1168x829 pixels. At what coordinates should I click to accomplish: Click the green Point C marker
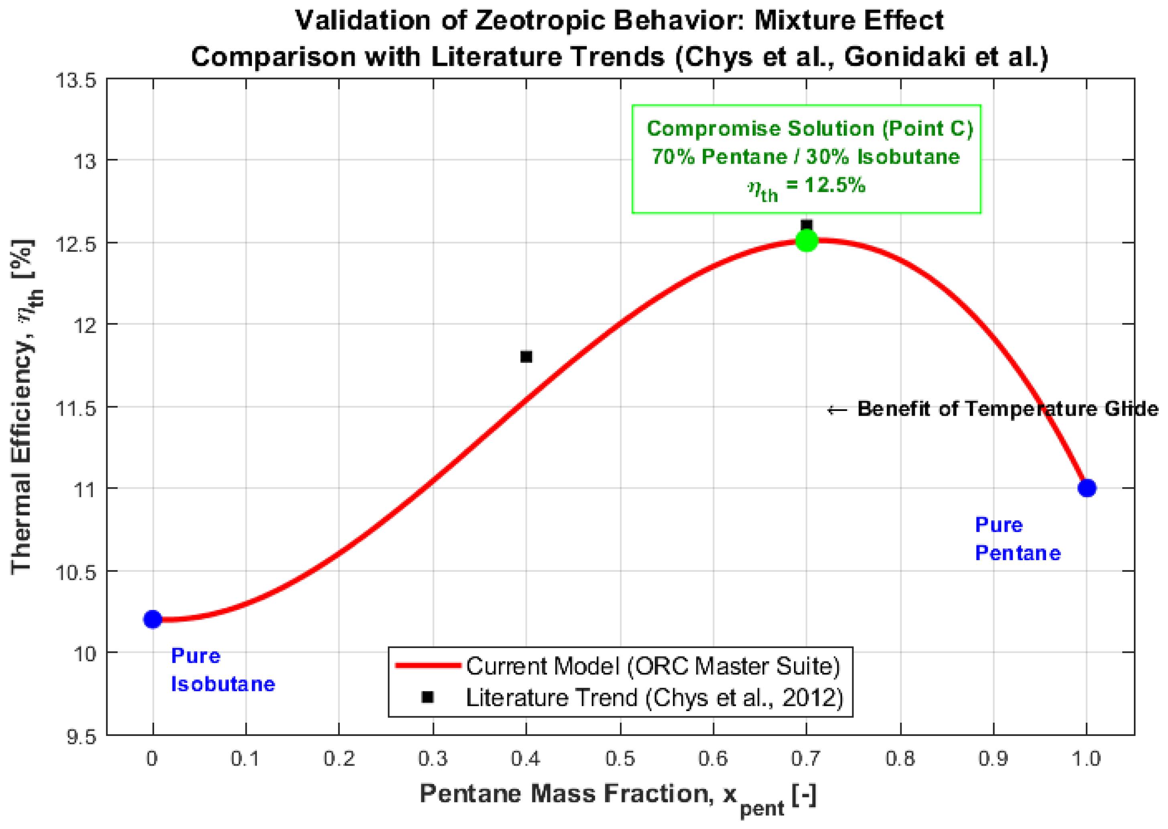point(806,240)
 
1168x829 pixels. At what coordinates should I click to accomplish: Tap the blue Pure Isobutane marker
point(152,619)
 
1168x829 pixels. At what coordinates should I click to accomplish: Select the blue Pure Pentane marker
point(1087,488)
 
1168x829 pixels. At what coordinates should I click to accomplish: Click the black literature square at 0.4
point(526,356)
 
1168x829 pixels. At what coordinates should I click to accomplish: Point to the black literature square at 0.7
point(806,225)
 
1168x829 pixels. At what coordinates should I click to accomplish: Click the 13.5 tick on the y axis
point(77,81)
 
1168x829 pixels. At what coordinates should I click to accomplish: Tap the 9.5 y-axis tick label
point(82,736)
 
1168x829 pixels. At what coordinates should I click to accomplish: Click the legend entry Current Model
point(653,666)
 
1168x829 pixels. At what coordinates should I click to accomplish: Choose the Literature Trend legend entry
point(654,697)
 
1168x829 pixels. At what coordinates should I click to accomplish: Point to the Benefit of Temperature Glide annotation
point(992,409)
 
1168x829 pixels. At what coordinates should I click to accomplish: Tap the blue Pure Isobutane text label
point(223,670)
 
